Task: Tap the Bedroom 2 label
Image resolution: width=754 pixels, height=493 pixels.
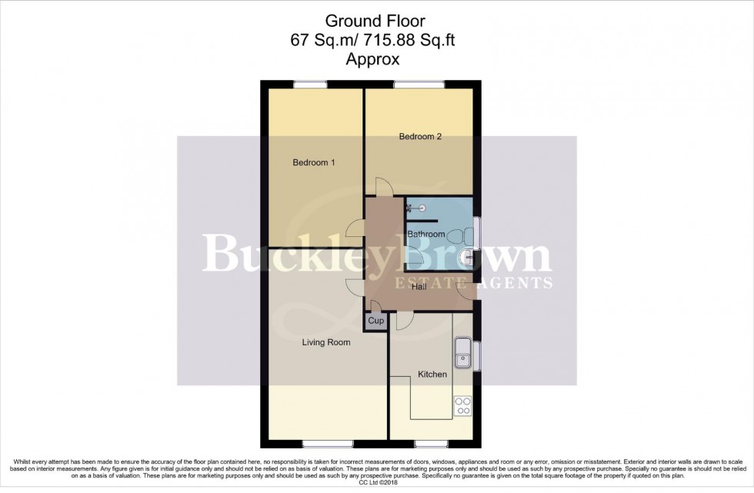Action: click(x=419, y=137)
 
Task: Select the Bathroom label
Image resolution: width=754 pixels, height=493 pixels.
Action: click(x=425, y=234)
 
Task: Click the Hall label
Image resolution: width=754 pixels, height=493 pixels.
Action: click(x=419, y=286)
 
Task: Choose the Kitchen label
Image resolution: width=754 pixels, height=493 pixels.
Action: click(x=432, y=375)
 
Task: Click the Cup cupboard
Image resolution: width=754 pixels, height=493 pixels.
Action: click(x=375, y=321)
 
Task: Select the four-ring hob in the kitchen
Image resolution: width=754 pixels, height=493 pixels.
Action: click(x=462, y=405)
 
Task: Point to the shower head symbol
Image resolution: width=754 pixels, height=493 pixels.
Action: click(x=420, y=206)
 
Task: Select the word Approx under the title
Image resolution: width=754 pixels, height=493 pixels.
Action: click(x=376, y=57)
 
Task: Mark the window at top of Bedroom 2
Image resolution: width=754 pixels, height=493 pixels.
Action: click(x=419, y=84)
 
